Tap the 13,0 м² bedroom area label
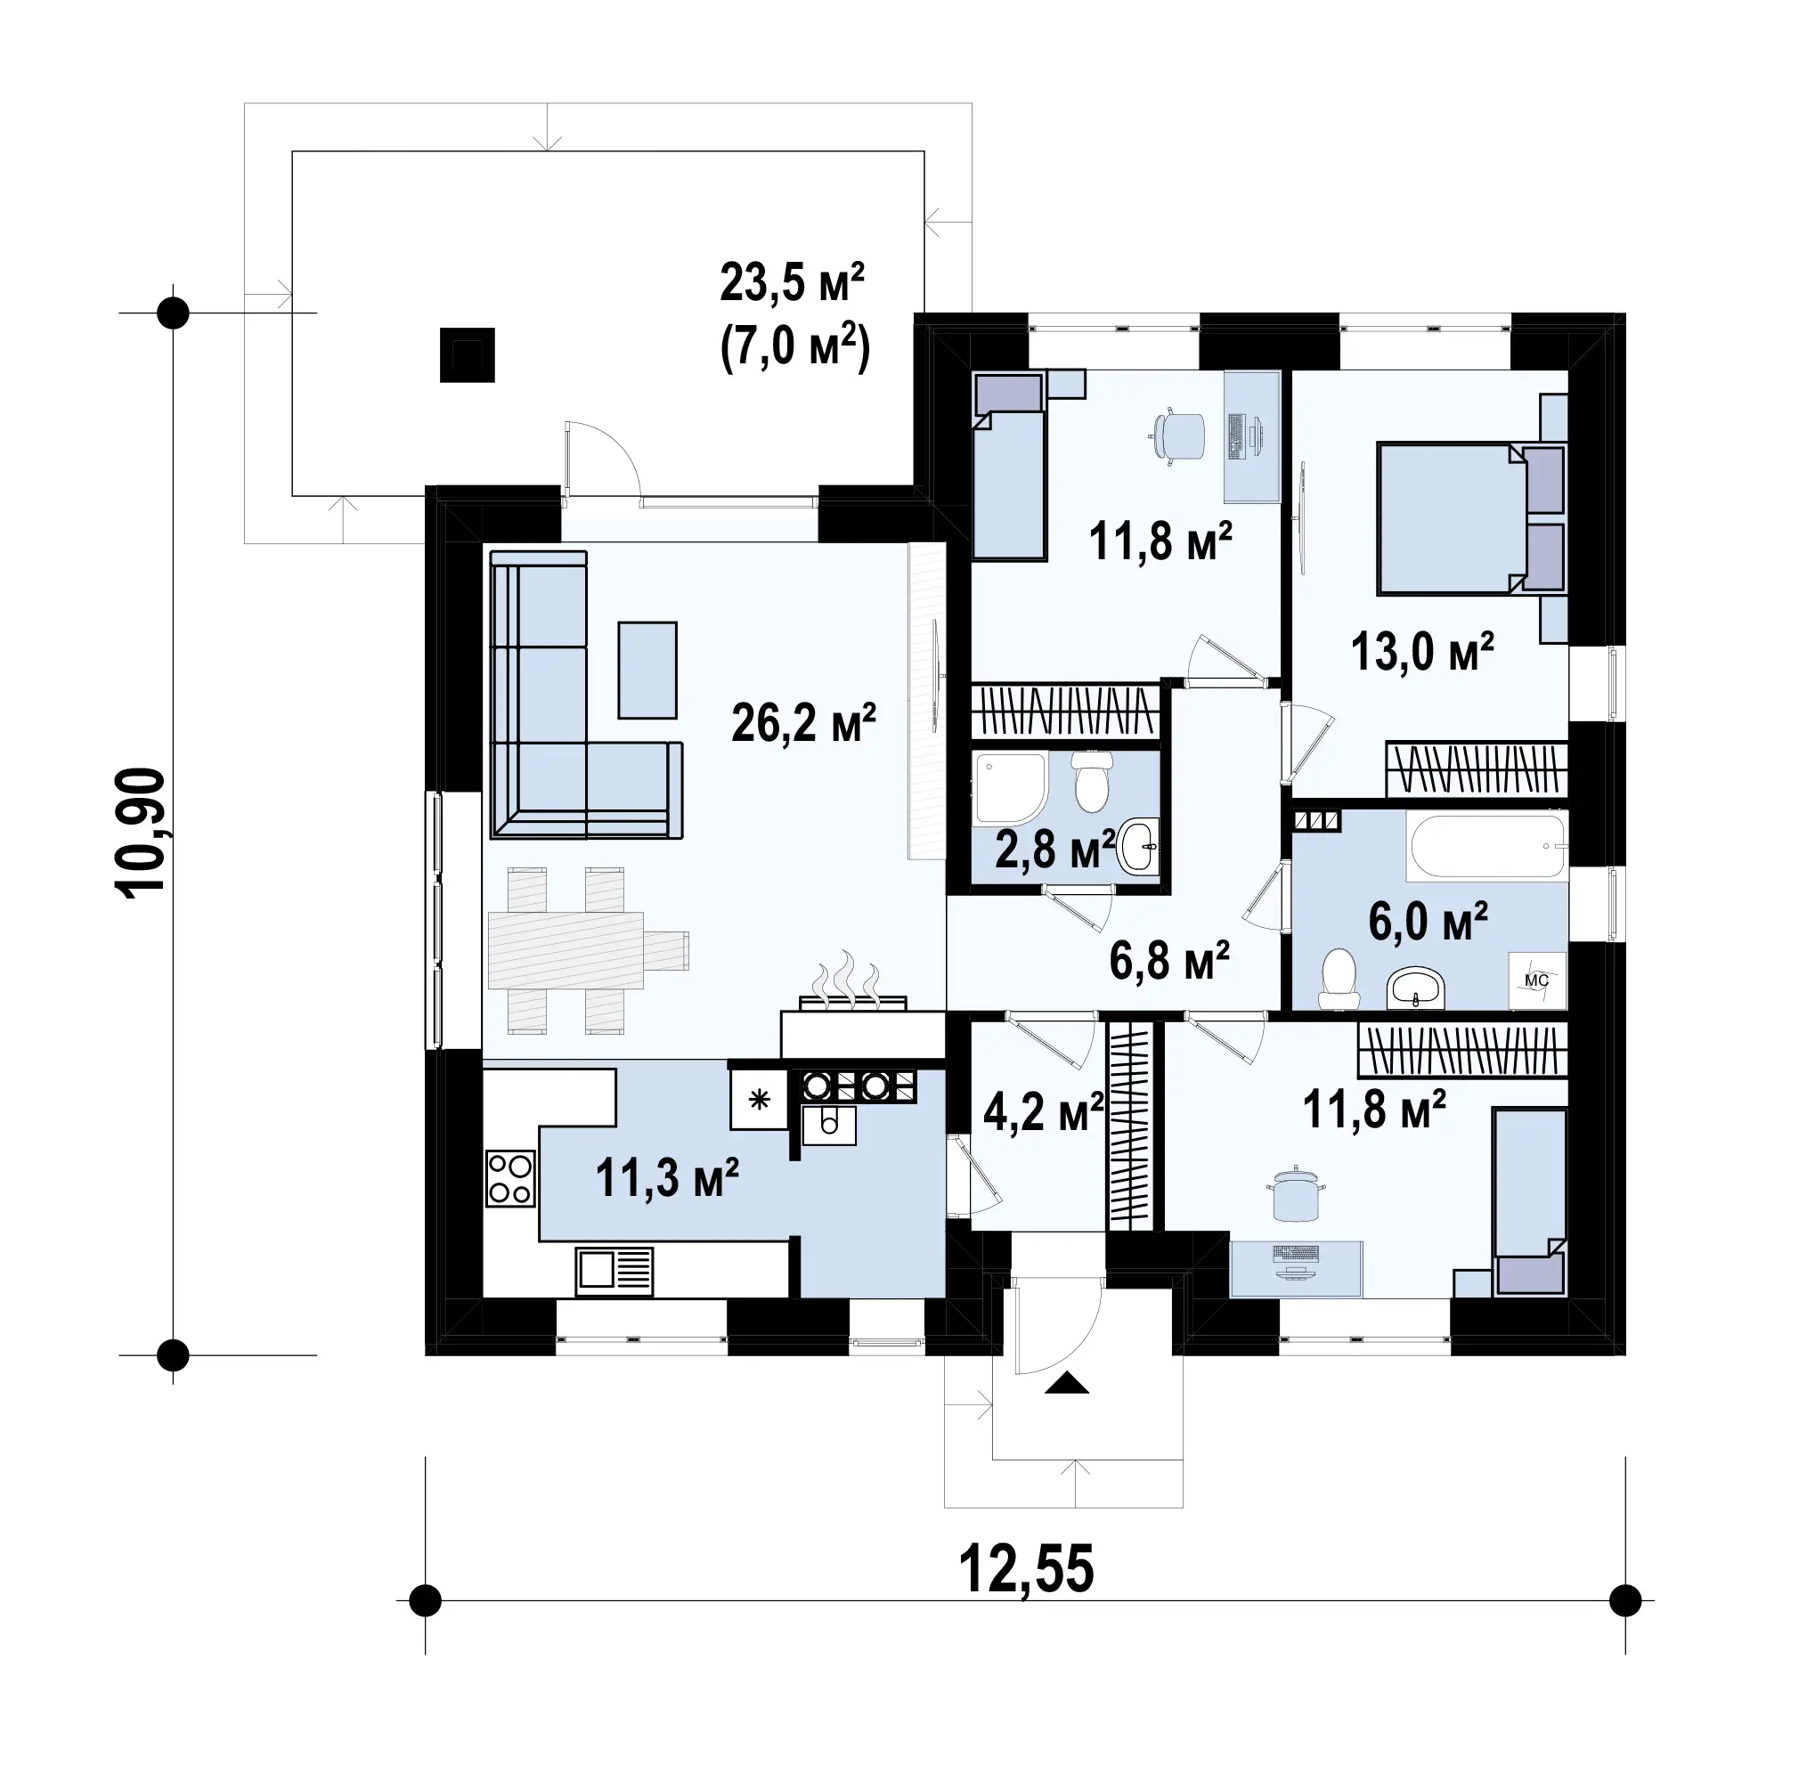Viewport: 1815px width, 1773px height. (1422, 651)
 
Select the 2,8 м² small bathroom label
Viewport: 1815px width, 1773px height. (1054, 850)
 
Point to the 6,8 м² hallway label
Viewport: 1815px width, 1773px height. (1168, 960)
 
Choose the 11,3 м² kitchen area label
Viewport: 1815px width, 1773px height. (667, 1177)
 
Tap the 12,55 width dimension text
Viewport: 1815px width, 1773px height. (1025, 1568)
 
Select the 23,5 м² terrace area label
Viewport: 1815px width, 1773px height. (793, 282)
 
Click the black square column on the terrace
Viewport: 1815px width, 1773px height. (468, 354)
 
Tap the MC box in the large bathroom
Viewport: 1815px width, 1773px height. (1536, 980)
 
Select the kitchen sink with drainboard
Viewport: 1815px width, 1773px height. (614, 1271)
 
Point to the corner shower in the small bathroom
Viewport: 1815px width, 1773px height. (1011, 790)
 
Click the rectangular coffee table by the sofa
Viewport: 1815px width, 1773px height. (647, 671)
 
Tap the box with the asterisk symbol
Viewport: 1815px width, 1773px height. (759, 1100)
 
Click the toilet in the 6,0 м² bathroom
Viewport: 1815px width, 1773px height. (1339, 979)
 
